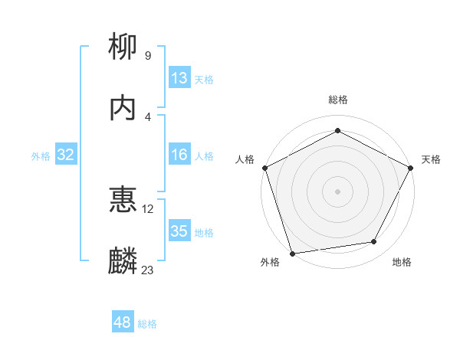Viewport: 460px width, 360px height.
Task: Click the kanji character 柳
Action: [123, 48]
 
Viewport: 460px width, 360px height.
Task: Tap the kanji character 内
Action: [123, 109]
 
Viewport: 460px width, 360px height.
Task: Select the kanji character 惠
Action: [123, 201]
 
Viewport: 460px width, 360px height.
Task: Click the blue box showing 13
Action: [179, 78]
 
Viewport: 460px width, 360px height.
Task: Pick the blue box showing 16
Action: [179, 155]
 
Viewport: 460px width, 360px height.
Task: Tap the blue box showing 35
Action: [179, 231]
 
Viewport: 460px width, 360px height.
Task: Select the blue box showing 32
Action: [66, 155]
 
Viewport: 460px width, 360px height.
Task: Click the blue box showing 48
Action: [123, 322]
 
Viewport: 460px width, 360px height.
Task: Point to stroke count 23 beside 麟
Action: [148, 270]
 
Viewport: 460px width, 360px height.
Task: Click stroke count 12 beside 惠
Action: [148, 208]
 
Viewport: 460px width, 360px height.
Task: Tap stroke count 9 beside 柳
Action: [148, 56]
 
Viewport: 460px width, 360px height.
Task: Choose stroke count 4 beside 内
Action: [148, 116]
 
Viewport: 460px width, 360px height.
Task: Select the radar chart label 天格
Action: [431, 159]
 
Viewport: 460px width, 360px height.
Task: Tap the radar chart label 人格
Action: [245, 159]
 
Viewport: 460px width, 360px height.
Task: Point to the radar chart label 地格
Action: [402, 263]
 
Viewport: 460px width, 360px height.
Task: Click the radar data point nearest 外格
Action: [292, 253]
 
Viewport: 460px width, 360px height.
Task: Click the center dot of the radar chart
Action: [338, 191]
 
